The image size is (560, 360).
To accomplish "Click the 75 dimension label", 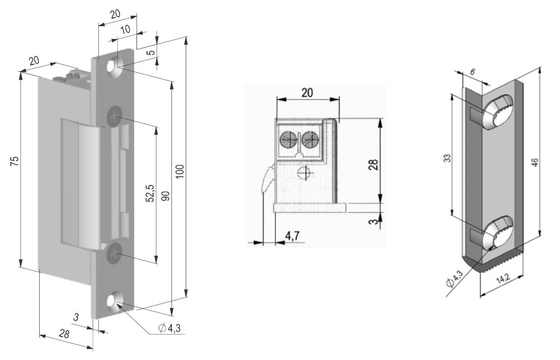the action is click(15, 161).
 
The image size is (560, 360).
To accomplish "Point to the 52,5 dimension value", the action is click(150, 194).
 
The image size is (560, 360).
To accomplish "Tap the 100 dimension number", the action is click(180, 171).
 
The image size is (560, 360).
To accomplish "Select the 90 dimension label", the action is click(165, 196).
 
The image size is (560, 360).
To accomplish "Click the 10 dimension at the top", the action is click(125, 29).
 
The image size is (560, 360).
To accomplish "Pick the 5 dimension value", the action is click(152, 52).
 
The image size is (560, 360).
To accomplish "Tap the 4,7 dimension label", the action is click(292, 235).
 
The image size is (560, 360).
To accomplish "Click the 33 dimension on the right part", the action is click(447, 158).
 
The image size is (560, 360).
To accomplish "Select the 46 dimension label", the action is click(535, 162).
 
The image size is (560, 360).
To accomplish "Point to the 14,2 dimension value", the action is click(503, 279).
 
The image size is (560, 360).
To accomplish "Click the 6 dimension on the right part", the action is click(472, 72).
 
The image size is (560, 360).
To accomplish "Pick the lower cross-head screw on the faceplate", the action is click(115, 253).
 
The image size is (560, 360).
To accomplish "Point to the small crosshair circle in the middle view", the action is click(304, 173).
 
